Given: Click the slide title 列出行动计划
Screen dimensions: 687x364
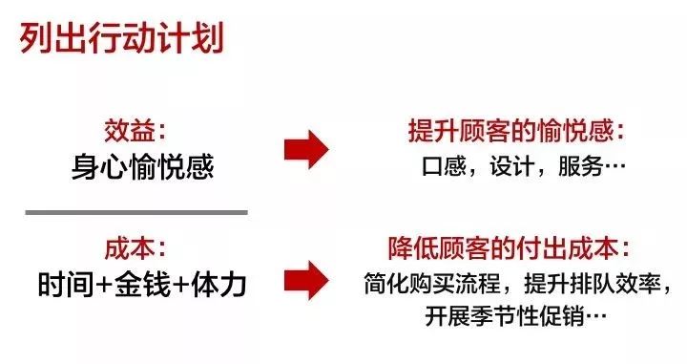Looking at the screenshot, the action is (x=120, y=41).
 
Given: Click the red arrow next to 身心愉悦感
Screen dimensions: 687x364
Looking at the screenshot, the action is (x=306, y=148).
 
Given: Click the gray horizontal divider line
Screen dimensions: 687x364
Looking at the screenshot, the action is (x=136, y=211).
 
